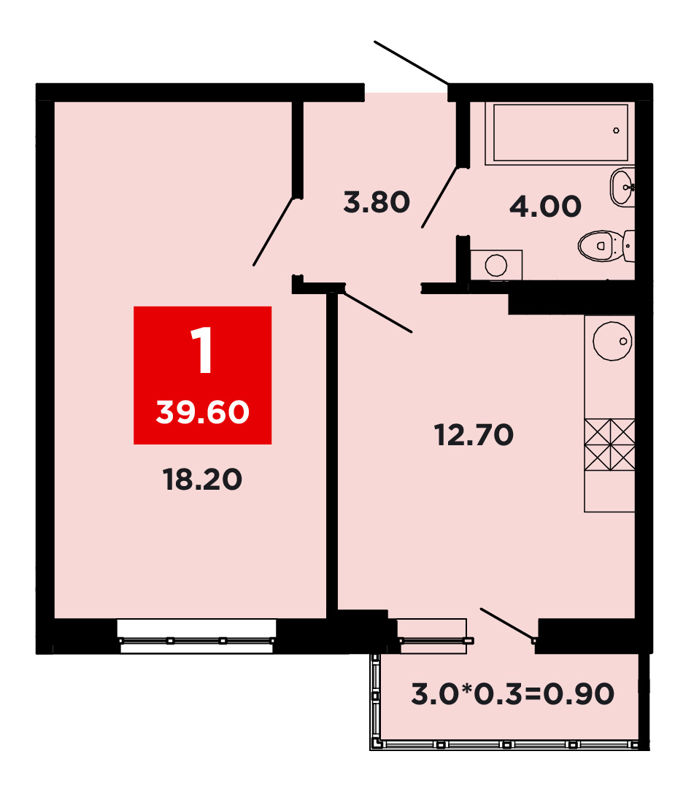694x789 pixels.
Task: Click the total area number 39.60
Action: click(202, 412)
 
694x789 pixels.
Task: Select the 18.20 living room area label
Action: click(202, 479)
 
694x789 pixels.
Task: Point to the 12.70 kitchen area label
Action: click(474, 435)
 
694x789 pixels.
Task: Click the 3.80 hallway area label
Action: click(377, 202)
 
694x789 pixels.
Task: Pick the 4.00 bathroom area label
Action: click(546, 207)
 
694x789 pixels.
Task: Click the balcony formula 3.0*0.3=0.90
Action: click(513, 694)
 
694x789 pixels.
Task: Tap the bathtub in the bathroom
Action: click(560, 134)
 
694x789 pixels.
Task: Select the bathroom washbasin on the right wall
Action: click(623, 187)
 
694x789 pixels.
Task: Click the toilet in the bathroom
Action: click(606, 246)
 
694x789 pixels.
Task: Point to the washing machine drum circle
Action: click(496, 265)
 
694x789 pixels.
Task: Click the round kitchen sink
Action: click(612, 341)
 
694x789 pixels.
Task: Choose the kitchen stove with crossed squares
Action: click(609, 444)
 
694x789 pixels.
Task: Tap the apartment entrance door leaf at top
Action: click(411, 62)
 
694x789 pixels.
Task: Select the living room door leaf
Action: click(273, 231)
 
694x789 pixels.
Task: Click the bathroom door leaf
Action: click(440, 197)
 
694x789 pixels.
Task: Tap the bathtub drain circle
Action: click(616, 131)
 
